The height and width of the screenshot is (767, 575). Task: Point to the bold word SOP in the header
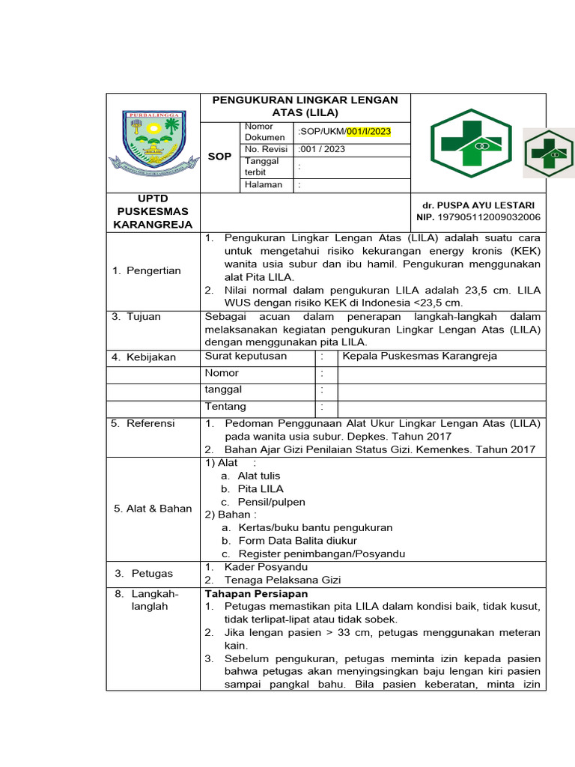click(219, 156)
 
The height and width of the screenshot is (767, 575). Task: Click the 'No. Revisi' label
click(267, 149)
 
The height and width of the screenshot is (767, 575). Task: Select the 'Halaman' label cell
click(264, 184)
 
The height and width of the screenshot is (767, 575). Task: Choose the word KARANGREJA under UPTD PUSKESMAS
click(153, 224)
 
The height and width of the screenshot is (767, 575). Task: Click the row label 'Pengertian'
click(147, 270)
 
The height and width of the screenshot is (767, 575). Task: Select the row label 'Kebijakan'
click(144, 357)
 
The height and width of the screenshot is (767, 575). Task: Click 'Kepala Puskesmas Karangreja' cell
click(419, 356)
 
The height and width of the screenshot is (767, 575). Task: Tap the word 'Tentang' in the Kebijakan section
click(225, 406)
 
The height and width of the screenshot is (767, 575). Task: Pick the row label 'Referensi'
click(143, 423)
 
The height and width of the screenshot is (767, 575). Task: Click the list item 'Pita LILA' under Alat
click(261, 488)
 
